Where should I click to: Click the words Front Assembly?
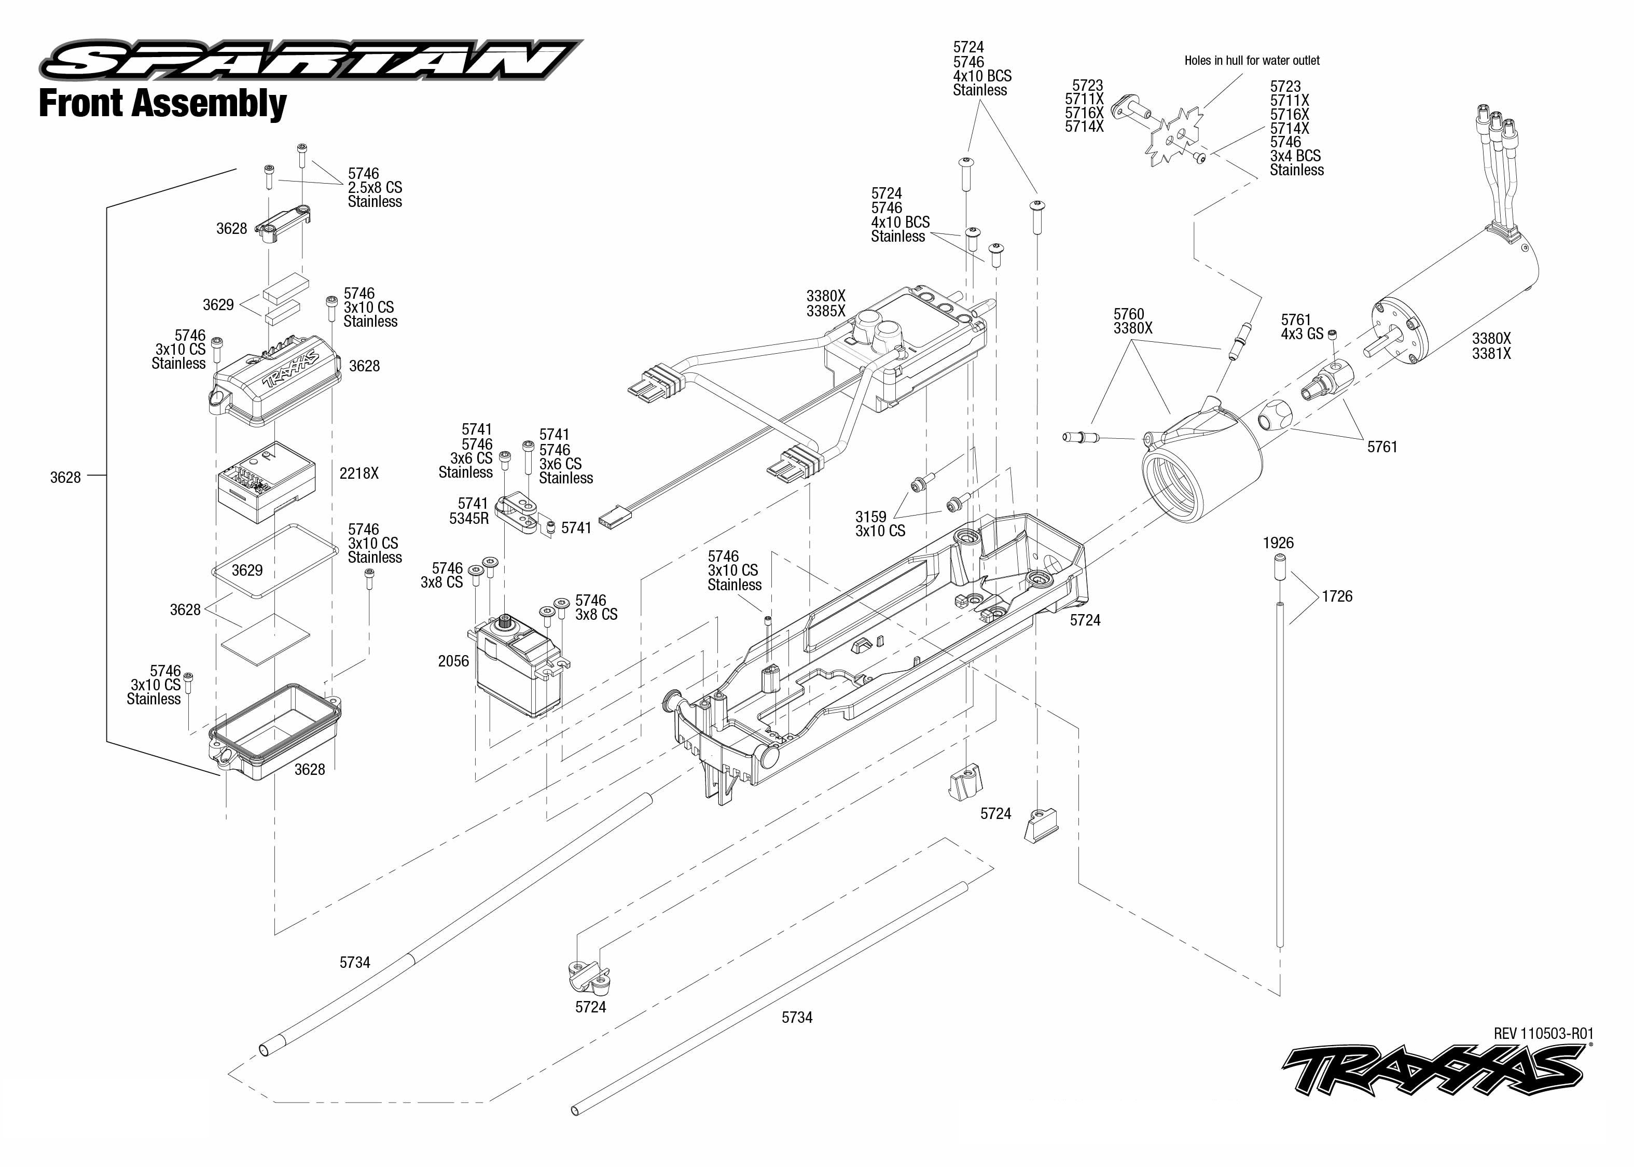point(162,104)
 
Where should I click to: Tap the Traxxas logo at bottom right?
point(1434,1069)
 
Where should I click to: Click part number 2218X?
point(358,474)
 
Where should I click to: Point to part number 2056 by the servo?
point(453,661)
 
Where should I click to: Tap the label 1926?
point(1278,543)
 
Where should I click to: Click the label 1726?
point(1337,596)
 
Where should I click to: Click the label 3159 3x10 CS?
point(880,524)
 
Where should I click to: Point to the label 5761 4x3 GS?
point(1301,327)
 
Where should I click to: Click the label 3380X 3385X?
point(826,303)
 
